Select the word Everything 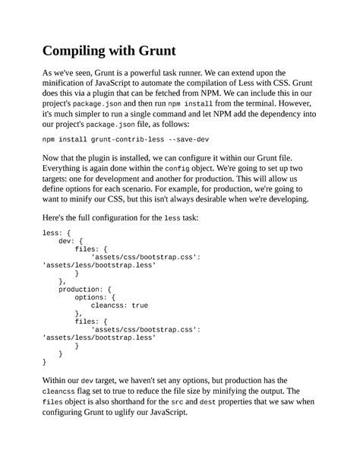tap(67, 172)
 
